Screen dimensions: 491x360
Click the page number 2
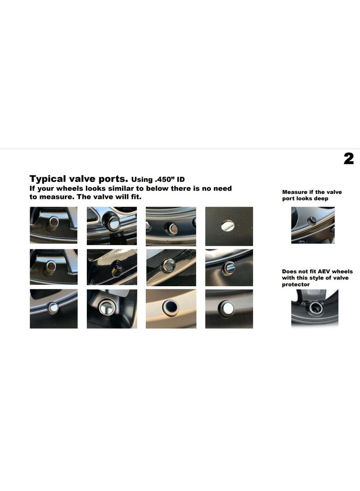click(348, 158)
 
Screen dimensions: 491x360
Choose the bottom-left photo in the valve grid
click(54, 309)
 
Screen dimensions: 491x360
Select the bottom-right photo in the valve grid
click(229, 309)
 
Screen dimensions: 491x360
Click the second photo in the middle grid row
click(112, 267)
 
